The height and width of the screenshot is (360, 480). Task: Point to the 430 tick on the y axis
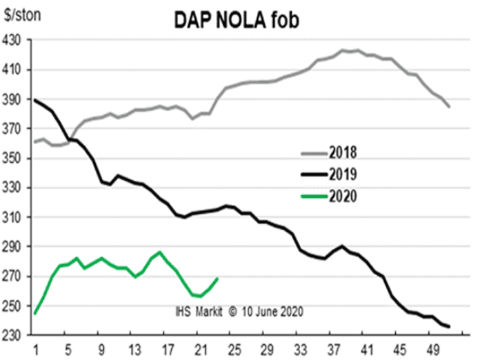(14, 41)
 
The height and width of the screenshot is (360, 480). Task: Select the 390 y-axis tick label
(14, 100)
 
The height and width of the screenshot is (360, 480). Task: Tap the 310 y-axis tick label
(14, 217)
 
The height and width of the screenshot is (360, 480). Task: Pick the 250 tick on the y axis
(14, 306)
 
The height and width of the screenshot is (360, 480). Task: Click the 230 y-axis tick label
(14, 335)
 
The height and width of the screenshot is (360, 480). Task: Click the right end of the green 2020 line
(218, 279)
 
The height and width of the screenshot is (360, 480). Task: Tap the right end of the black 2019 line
(450, 326)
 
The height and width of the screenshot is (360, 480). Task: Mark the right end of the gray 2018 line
(450, 107)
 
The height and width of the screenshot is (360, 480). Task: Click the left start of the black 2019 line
(34, 100)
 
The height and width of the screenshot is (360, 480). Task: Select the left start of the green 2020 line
(34, 314)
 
